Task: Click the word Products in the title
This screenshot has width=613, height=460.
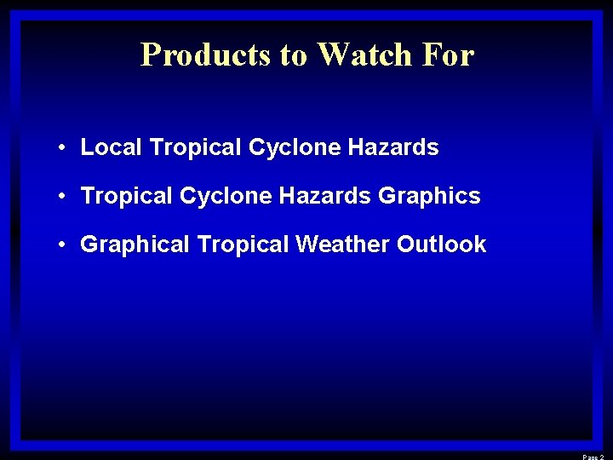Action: [206, 55]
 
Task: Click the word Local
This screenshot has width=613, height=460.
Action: [112, 147]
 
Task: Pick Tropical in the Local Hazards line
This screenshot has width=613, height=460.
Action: [196, 148]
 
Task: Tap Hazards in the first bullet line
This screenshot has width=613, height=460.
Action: [393, 147]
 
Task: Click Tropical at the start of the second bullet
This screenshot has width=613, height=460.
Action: [127, 197]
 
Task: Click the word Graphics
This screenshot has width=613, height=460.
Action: [429, 197]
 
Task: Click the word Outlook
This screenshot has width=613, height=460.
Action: [441, 244]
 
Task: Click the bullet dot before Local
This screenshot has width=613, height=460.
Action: [64, 148]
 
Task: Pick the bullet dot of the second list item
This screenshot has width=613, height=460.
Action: [64, 197]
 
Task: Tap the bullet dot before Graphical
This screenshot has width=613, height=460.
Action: [64, 245]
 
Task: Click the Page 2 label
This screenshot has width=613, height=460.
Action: [593, 457]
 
